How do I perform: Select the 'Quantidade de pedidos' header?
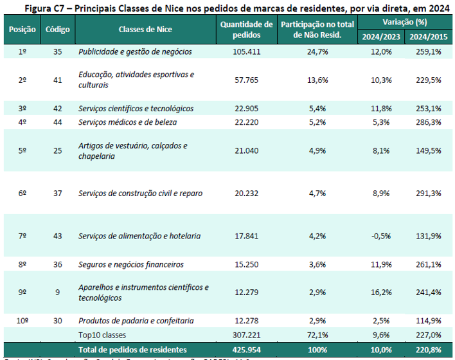tap(246, 30)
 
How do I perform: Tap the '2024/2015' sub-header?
tap(429, 36)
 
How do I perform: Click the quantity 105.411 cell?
tap(246, 51)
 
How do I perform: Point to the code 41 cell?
tap(58, 80)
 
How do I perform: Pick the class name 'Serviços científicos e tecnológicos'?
tap(136, 109)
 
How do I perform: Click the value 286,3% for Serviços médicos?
tap(429, 122)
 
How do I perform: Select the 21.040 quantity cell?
tap(246, 151)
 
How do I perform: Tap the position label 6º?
tap(22, 194)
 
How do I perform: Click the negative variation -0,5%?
tap(380, 236)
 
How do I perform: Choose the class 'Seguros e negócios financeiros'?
tap(130, 265)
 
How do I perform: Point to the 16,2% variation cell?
tap(380, 292)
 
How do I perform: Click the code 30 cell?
tap(58, 321)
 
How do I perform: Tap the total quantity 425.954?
tap(246, 349)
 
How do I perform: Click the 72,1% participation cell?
tap(317, 335)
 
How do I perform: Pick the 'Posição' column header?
tap(22, 30)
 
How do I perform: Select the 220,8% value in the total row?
tap(429, 349)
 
